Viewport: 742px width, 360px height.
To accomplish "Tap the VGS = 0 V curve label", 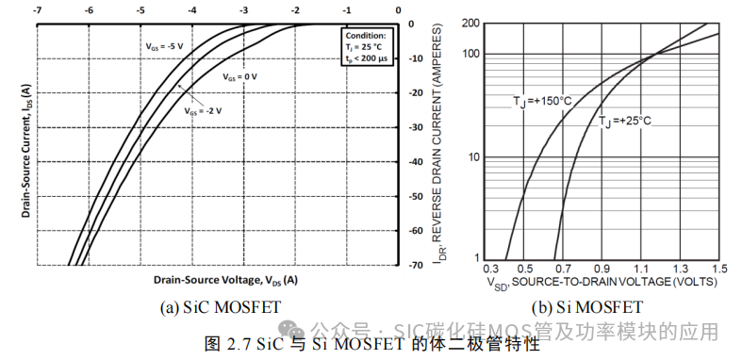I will click(x=239, y=75).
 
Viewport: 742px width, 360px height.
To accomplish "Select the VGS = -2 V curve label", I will click(x=203, y=110).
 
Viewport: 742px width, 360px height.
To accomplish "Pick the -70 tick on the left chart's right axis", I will click(x=414, y=266).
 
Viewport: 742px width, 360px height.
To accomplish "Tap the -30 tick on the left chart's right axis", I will click(x=414, y=127).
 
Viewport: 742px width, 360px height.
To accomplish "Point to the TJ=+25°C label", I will click(x=624, y=122).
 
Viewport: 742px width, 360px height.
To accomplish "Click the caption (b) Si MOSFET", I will click(x=586, y=306).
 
